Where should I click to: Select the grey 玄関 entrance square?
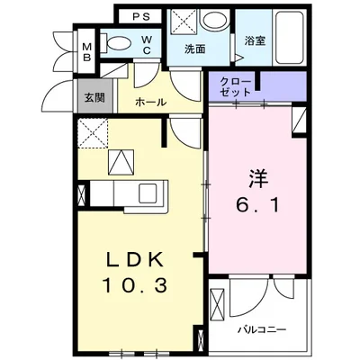pos(94,96)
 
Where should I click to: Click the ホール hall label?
pos(150,102)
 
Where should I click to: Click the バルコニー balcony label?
pos(262,328)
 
